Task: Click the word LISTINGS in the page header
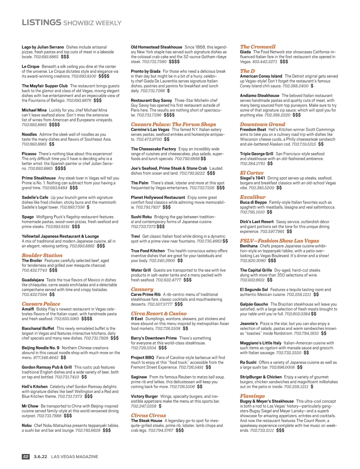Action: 41,22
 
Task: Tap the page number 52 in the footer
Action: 26,456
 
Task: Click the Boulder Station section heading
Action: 42,255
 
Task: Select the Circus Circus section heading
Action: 148,415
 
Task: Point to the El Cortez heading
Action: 251,173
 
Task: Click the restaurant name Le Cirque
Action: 30,67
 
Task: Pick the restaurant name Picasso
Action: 29,154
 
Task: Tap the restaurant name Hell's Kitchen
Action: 34,387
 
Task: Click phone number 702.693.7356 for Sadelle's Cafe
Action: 72,207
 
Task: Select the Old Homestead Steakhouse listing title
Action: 156,47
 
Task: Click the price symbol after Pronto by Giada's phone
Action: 168,91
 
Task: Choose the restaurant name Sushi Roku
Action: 141,217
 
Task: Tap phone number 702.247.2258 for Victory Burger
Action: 143,406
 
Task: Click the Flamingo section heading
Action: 252,396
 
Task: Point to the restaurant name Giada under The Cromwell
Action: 245,52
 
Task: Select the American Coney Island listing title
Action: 261,76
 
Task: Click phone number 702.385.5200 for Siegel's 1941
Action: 261,188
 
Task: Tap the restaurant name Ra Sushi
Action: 248,362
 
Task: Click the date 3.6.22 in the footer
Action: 40,456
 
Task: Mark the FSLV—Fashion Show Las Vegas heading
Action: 279,240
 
